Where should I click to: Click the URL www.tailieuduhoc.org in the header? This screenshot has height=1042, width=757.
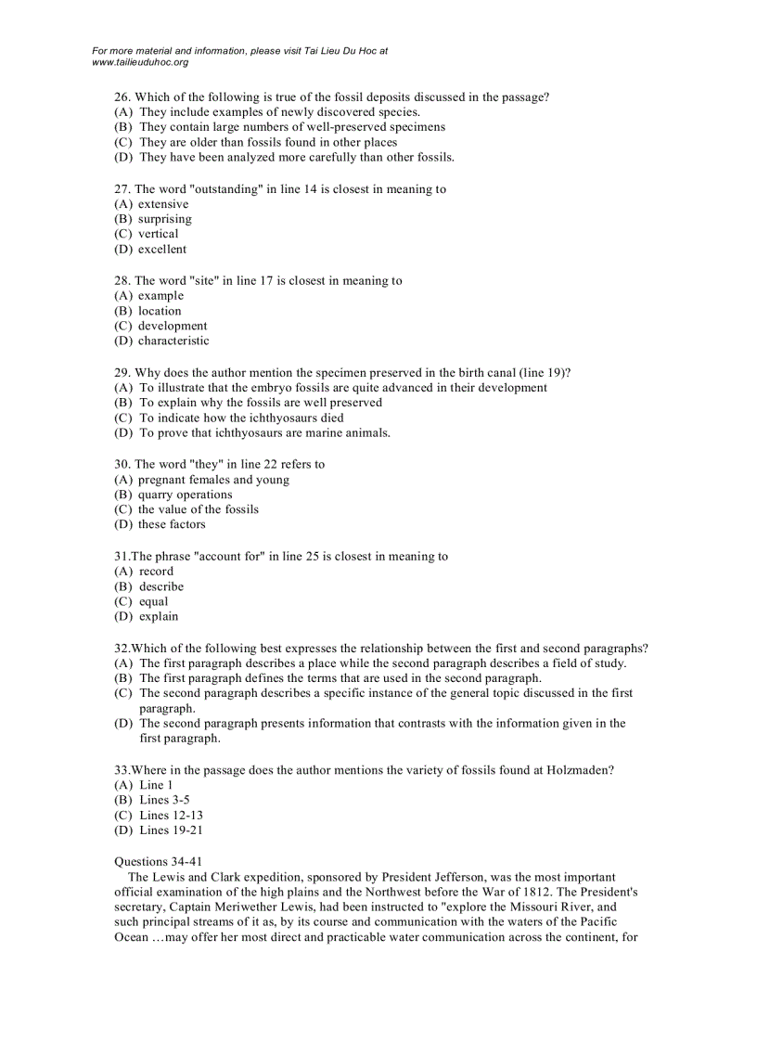(x=140, y=62)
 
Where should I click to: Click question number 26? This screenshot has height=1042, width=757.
(x=122, y=96)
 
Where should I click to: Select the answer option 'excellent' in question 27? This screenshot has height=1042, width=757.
(x=162, y=249)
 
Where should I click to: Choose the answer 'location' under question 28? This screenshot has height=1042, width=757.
(x=160, y=311)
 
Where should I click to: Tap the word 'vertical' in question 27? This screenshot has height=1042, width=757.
(x=158, y=234)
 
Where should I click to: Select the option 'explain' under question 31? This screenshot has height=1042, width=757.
(x=159, y=616)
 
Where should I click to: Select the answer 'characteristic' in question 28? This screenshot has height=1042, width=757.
(x=173, y=341)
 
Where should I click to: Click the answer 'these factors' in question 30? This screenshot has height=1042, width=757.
(x=172, y=524)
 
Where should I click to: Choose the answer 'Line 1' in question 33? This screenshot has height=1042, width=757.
(x=156, y=785)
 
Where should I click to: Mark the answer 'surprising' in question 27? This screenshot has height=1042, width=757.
(x=164, y=219)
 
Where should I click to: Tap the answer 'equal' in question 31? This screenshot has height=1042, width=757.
(x=154, y=601)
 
